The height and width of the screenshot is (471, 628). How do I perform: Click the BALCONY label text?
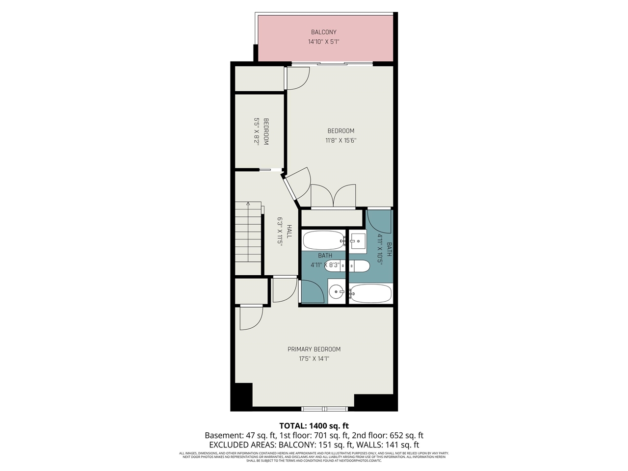click(323, 32)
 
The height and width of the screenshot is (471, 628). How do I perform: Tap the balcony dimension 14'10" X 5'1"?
click(323, 42)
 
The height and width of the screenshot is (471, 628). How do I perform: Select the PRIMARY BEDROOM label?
click(314, 349)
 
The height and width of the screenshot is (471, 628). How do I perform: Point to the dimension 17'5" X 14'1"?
click(314, 359)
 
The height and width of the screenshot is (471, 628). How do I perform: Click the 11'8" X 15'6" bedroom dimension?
click(340, 140)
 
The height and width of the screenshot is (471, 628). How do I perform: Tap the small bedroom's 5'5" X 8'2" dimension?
click(256, 131)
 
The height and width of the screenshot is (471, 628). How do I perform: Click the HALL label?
click(289, 232)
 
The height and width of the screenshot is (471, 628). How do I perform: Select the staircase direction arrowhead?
click(248, 203)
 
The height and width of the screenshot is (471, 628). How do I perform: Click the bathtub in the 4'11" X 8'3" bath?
click(323, 240)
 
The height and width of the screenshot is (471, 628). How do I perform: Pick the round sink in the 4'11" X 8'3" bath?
click(337, 292)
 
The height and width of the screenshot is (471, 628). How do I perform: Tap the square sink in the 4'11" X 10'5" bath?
click(358, 241)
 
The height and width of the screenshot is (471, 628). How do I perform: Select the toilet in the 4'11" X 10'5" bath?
click(359, 266)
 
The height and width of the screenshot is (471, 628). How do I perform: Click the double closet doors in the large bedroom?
click(333, 196)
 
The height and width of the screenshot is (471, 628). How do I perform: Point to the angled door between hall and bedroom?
click(297, 184)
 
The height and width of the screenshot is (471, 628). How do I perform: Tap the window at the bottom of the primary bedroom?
click(324, 409)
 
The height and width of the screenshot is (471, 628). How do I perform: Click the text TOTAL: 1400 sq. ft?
click(314, 426)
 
